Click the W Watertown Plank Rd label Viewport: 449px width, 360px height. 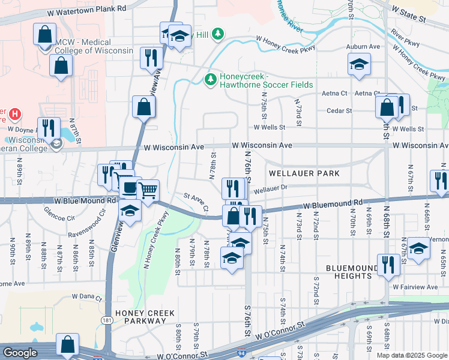coord(88,9)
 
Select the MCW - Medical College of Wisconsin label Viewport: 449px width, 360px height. coord(93,46)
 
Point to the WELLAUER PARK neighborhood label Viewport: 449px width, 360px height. coord(304,173)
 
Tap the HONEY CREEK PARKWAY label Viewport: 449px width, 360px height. coord(145,317)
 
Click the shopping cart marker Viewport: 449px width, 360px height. coord(147,191)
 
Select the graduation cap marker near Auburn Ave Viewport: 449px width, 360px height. coord(358,64)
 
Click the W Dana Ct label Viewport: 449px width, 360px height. coord(88,296)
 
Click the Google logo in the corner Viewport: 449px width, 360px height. coord(20,352)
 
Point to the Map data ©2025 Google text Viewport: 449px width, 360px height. coord(411,355)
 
